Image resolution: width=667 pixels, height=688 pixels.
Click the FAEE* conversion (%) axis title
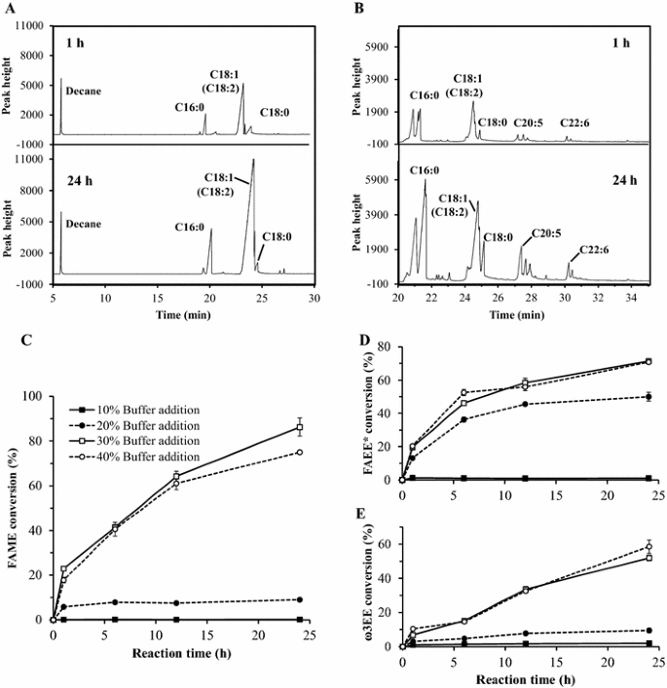[x=366, y=421]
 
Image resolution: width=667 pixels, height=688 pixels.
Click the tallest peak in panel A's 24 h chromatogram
[x=253, y=160]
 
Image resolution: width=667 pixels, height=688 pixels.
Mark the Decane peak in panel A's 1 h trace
[x=60, y=80]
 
